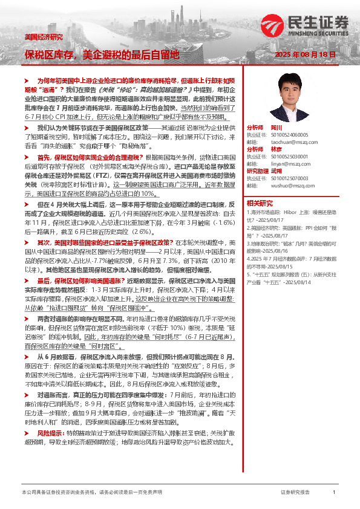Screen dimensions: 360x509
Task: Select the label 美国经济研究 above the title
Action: click(x=43, y=37)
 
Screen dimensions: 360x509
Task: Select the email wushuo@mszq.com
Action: click(x=283, y=186)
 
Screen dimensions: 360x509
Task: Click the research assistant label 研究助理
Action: click(x=258, y=172)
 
